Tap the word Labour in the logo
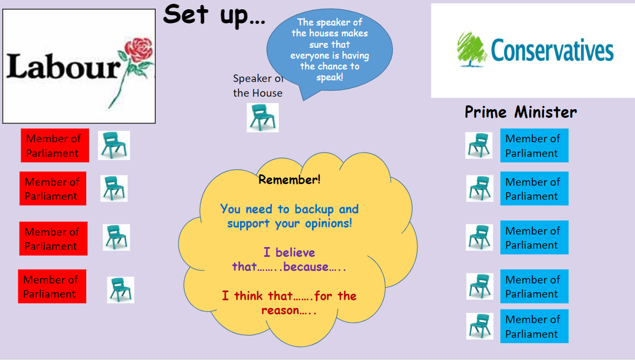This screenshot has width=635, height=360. click(x=63, y=66)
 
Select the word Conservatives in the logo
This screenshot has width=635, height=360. click(x=552, y=50)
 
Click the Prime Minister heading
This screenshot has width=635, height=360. click(x=521, y=112)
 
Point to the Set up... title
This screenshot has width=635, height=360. click(x=214, y=15)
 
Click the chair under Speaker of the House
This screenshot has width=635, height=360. click(x=263, y=117)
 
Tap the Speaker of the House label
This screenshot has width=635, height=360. click(x=258, y=85)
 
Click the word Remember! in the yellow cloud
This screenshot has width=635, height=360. click(x=290, y=179)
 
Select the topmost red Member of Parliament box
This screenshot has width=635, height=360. click(x=55, y=146)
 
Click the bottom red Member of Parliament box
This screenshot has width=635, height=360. click(x=52, y=286)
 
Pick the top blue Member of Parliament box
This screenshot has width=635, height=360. click(x=534, y=146)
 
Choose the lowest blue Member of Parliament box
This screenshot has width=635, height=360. click(x=534, y=326)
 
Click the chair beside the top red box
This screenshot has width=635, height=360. click(x=114, y=146)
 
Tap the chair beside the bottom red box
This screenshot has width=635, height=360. click(x=120, y=290)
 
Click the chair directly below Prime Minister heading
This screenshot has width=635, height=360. click(x=479, y=146)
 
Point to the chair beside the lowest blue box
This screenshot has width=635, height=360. click(x=480, y=326)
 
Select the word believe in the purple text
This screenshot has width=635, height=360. click(x=295, y=252)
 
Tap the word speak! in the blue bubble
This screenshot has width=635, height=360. click(x=329, y=77)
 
